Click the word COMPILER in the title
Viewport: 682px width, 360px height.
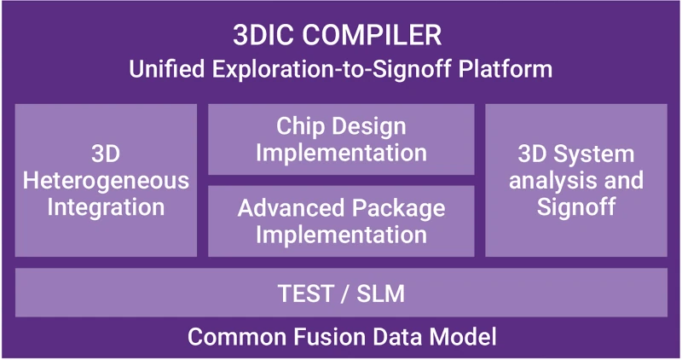pos(372,35)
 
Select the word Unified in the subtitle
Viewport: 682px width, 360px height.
pos(166,69)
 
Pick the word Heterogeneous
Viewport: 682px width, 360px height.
pos(106,180)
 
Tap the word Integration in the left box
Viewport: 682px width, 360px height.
pos(106,206)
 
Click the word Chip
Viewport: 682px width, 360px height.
pos(301,126)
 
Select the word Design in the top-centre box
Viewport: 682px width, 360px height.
pos(371,126)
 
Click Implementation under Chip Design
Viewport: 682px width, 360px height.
pos(341,153)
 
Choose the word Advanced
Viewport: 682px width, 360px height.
pos(291,207)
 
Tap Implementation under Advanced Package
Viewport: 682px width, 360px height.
pos(341,235)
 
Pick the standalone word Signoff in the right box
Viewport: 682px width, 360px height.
pos(576,206)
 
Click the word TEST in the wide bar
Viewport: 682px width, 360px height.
pos(306,293)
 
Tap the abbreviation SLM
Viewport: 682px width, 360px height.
pos(380,293)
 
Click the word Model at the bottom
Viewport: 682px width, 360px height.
pos(463,336)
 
